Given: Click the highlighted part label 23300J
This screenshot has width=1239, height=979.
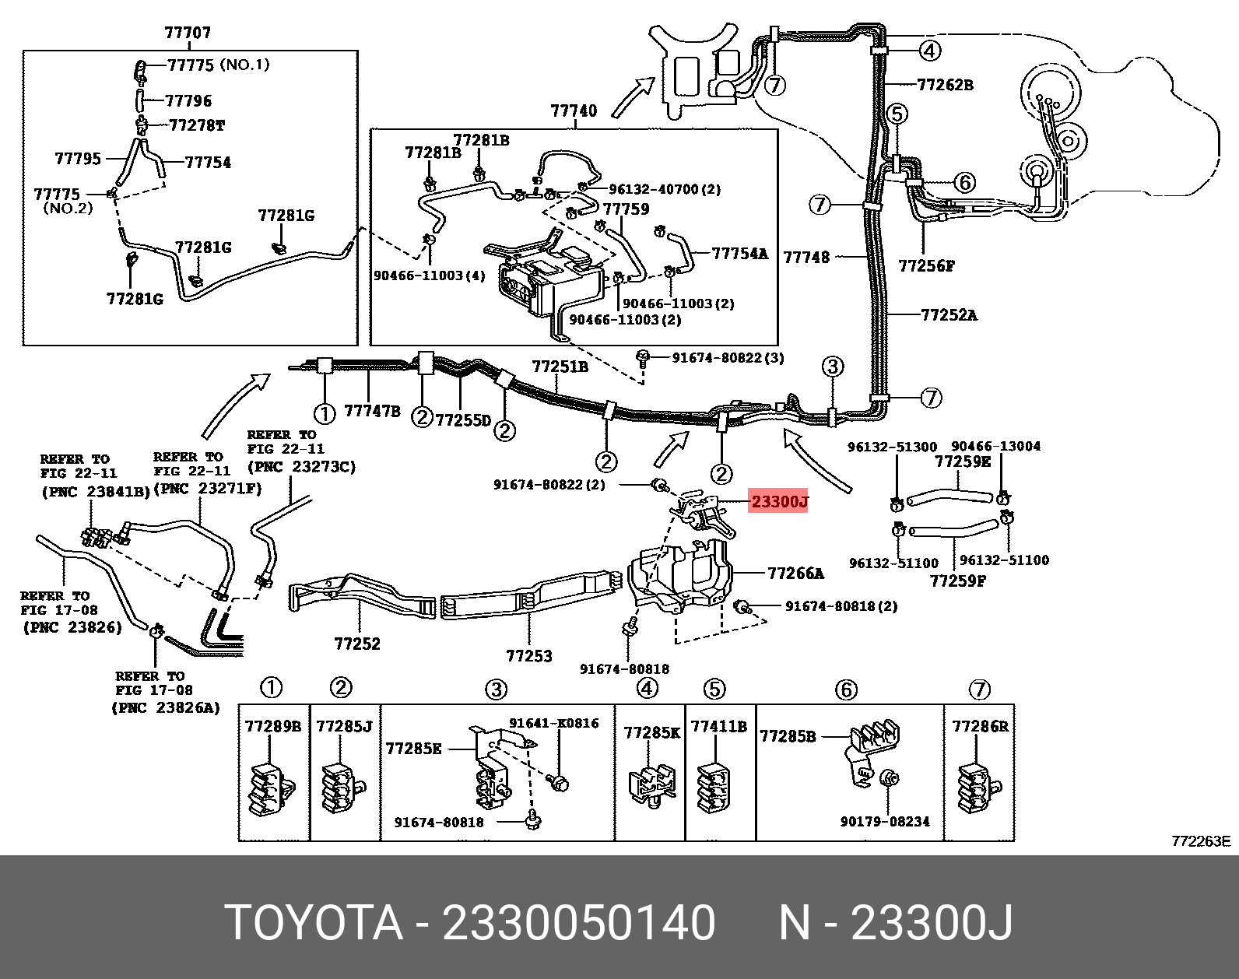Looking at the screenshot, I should [779, 502].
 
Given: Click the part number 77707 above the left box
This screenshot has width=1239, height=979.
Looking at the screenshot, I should [188, 33].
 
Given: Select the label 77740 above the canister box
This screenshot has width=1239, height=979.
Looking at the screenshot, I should [574, 111].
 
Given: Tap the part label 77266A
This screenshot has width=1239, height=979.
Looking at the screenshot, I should [795, 574].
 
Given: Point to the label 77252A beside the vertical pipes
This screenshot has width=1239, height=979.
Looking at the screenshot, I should [949, 315].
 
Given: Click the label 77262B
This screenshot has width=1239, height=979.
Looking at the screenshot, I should [945, 85].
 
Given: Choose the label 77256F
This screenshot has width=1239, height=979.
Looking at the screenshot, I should [926, 266].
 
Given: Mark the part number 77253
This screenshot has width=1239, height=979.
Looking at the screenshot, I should [529, 656].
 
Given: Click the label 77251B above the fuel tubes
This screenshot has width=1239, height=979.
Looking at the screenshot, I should [560, 367].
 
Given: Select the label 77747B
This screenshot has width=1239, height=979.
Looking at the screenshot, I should [372, 411].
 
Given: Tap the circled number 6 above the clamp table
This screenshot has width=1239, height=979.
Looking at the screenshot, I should [846, 690].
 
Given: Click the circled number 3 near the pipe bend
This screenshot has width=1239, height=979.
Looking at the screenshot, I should [833, 367].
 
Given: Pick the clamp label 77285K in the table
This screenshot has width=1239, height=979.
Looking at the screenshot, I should [651, 733].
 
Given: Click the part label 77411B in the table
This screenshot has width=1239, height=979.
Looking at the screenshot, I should [719, 727].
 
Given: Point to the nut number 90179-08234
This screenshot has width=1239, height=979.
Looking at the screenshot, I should [885, 822].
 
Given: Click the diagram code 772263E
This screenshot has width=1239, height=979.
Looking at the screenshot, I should [1201, 841].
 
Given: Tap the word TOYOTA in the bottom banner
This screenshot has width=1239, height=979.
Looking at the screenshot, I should [314, 924].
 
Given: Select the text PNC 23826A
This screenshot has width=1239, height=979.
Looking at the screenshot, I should [166, 707].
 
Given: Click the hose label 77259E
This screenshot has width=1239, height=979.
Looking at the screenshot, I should [963, 461].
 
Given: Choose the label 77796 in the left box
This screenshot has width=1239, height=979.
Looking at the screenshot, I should [188, 101].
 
